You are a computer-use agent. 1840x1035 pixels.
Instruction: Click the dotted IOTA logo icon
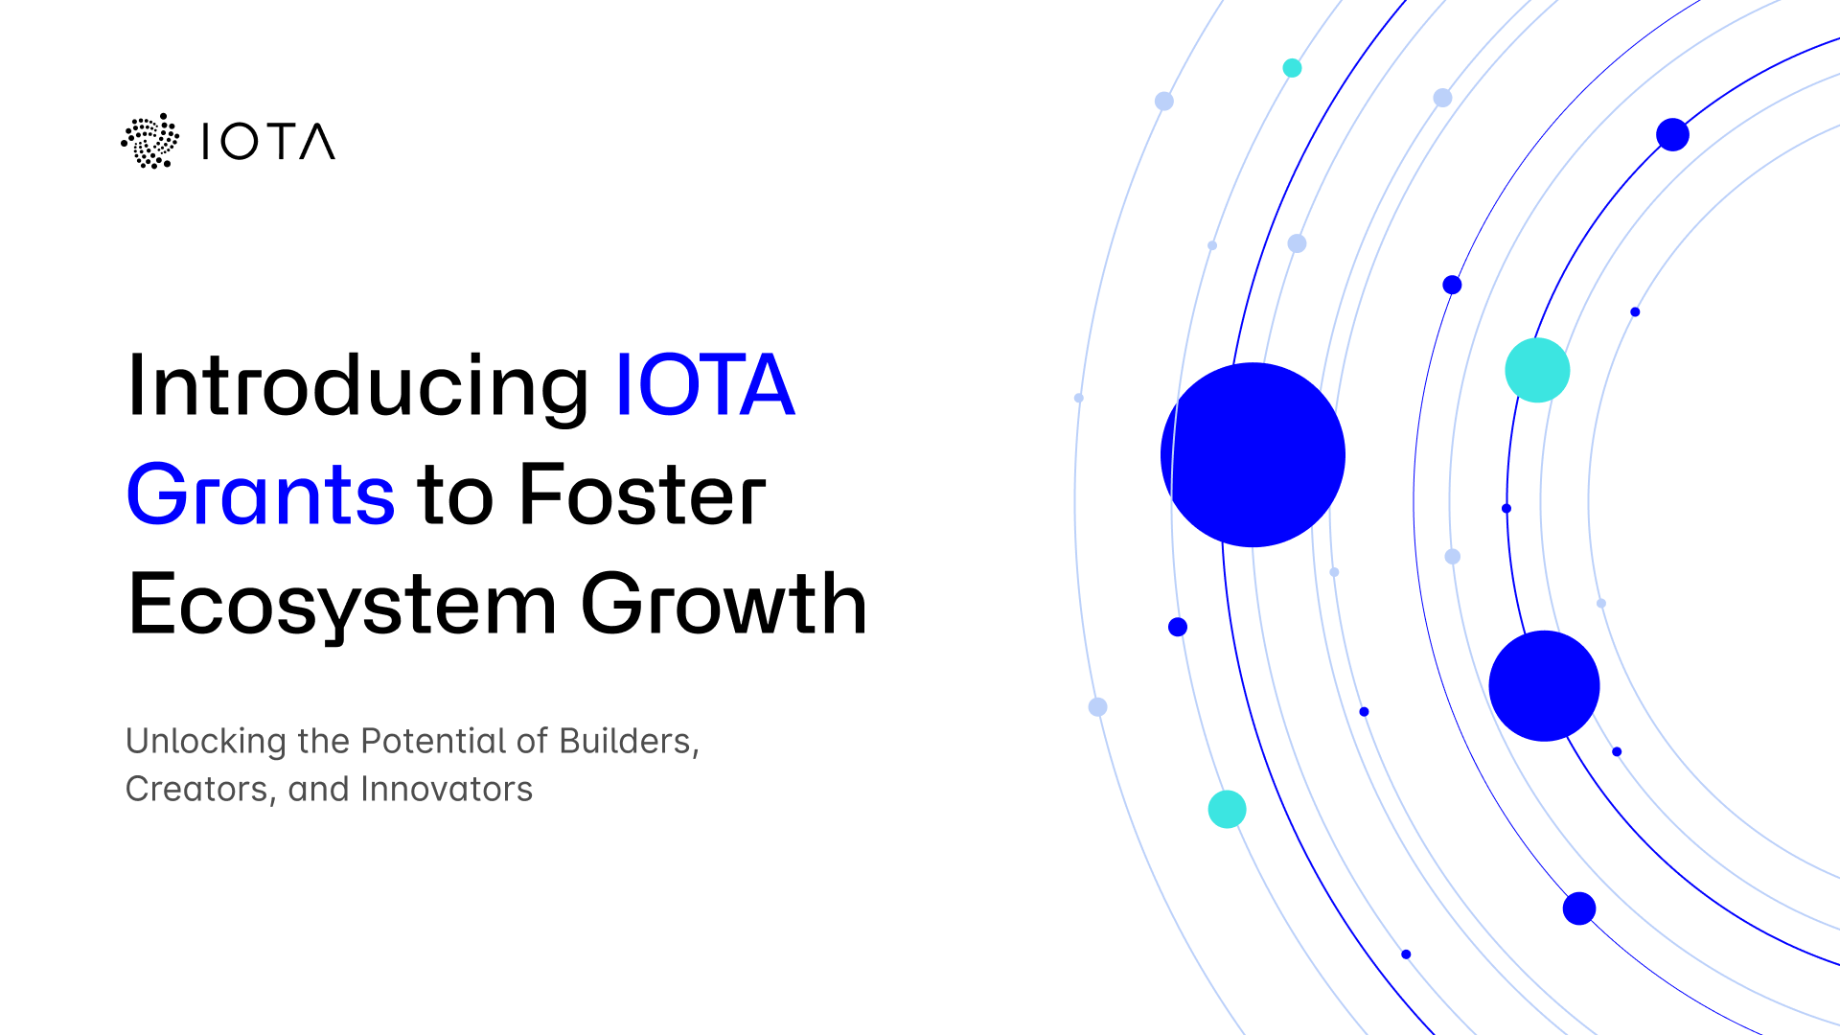[149, 142]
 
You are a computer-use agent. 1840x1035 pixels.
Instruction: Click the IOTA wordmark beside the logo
[268, 142]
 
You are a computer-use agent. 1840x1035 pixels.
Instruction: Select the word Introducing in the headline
[357, 386]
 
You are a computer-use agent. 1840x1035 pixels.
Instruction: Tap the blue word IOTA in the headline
[704, 386]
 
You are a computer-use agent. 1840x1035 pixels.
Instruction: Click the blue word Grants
[260, 496]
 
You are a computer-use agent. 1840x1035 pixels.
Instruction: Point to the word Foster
[642, 496]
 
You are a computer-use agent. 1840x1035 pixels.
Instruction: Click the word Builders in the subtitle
[629, 742]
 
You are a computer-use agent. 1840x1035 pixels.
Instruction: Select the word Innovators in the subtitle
[447, 790]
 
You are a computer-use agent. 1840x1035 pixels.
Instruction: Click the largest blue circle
[1253, 455]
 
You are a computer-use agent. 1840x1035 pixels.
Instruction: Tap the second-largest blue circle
[1544, 686]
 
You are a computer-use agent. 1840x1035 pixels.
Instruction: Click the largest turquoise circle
[1537, 370]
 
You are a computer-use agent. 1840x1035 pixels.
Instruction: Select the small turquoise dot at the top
[1292, 68]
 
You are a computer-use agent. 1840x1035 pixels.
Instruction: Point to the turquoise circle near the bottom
[1227, 810]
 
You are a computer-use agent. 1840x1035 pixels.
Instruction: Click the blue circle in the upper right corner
[1672, 134]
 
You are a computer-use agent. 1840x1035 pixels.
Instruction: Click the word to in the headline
[455, 496]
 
